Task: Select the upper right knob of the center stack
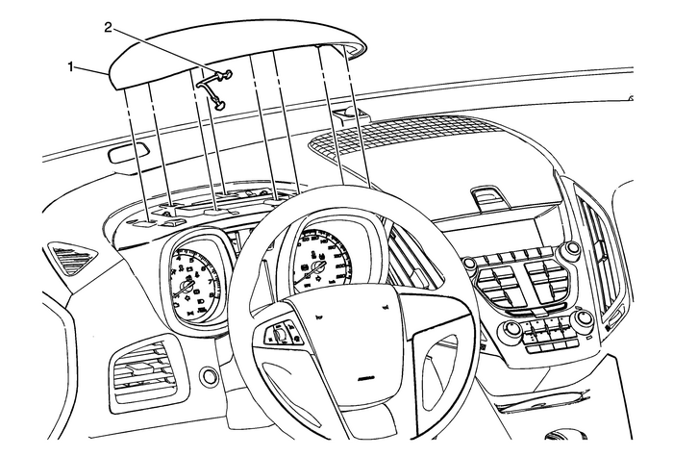pos(573,249)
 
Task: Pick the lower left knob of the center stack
pos(512,330)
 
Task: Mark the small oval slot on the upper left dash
pos(127,154)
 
